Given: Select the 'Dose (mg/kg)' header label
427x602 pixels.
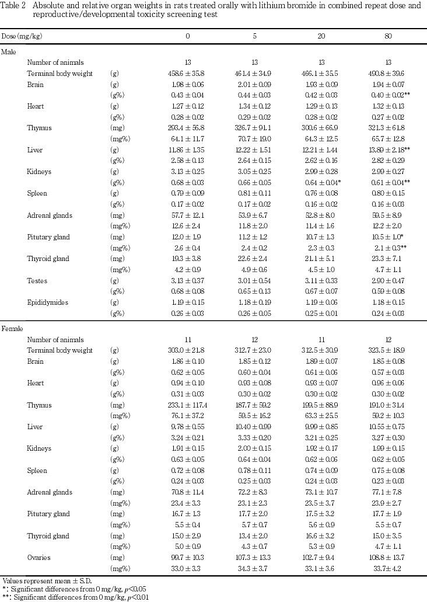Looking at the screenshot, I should pos(21,36).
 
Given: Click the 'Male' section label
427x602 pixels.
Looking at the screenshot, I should pos(8,52).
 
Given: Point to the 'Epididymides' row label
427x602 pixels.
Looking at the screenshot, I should pos(47,302).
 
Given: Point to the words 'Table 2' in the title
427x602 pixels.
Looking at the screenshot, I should pos(13,5).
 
